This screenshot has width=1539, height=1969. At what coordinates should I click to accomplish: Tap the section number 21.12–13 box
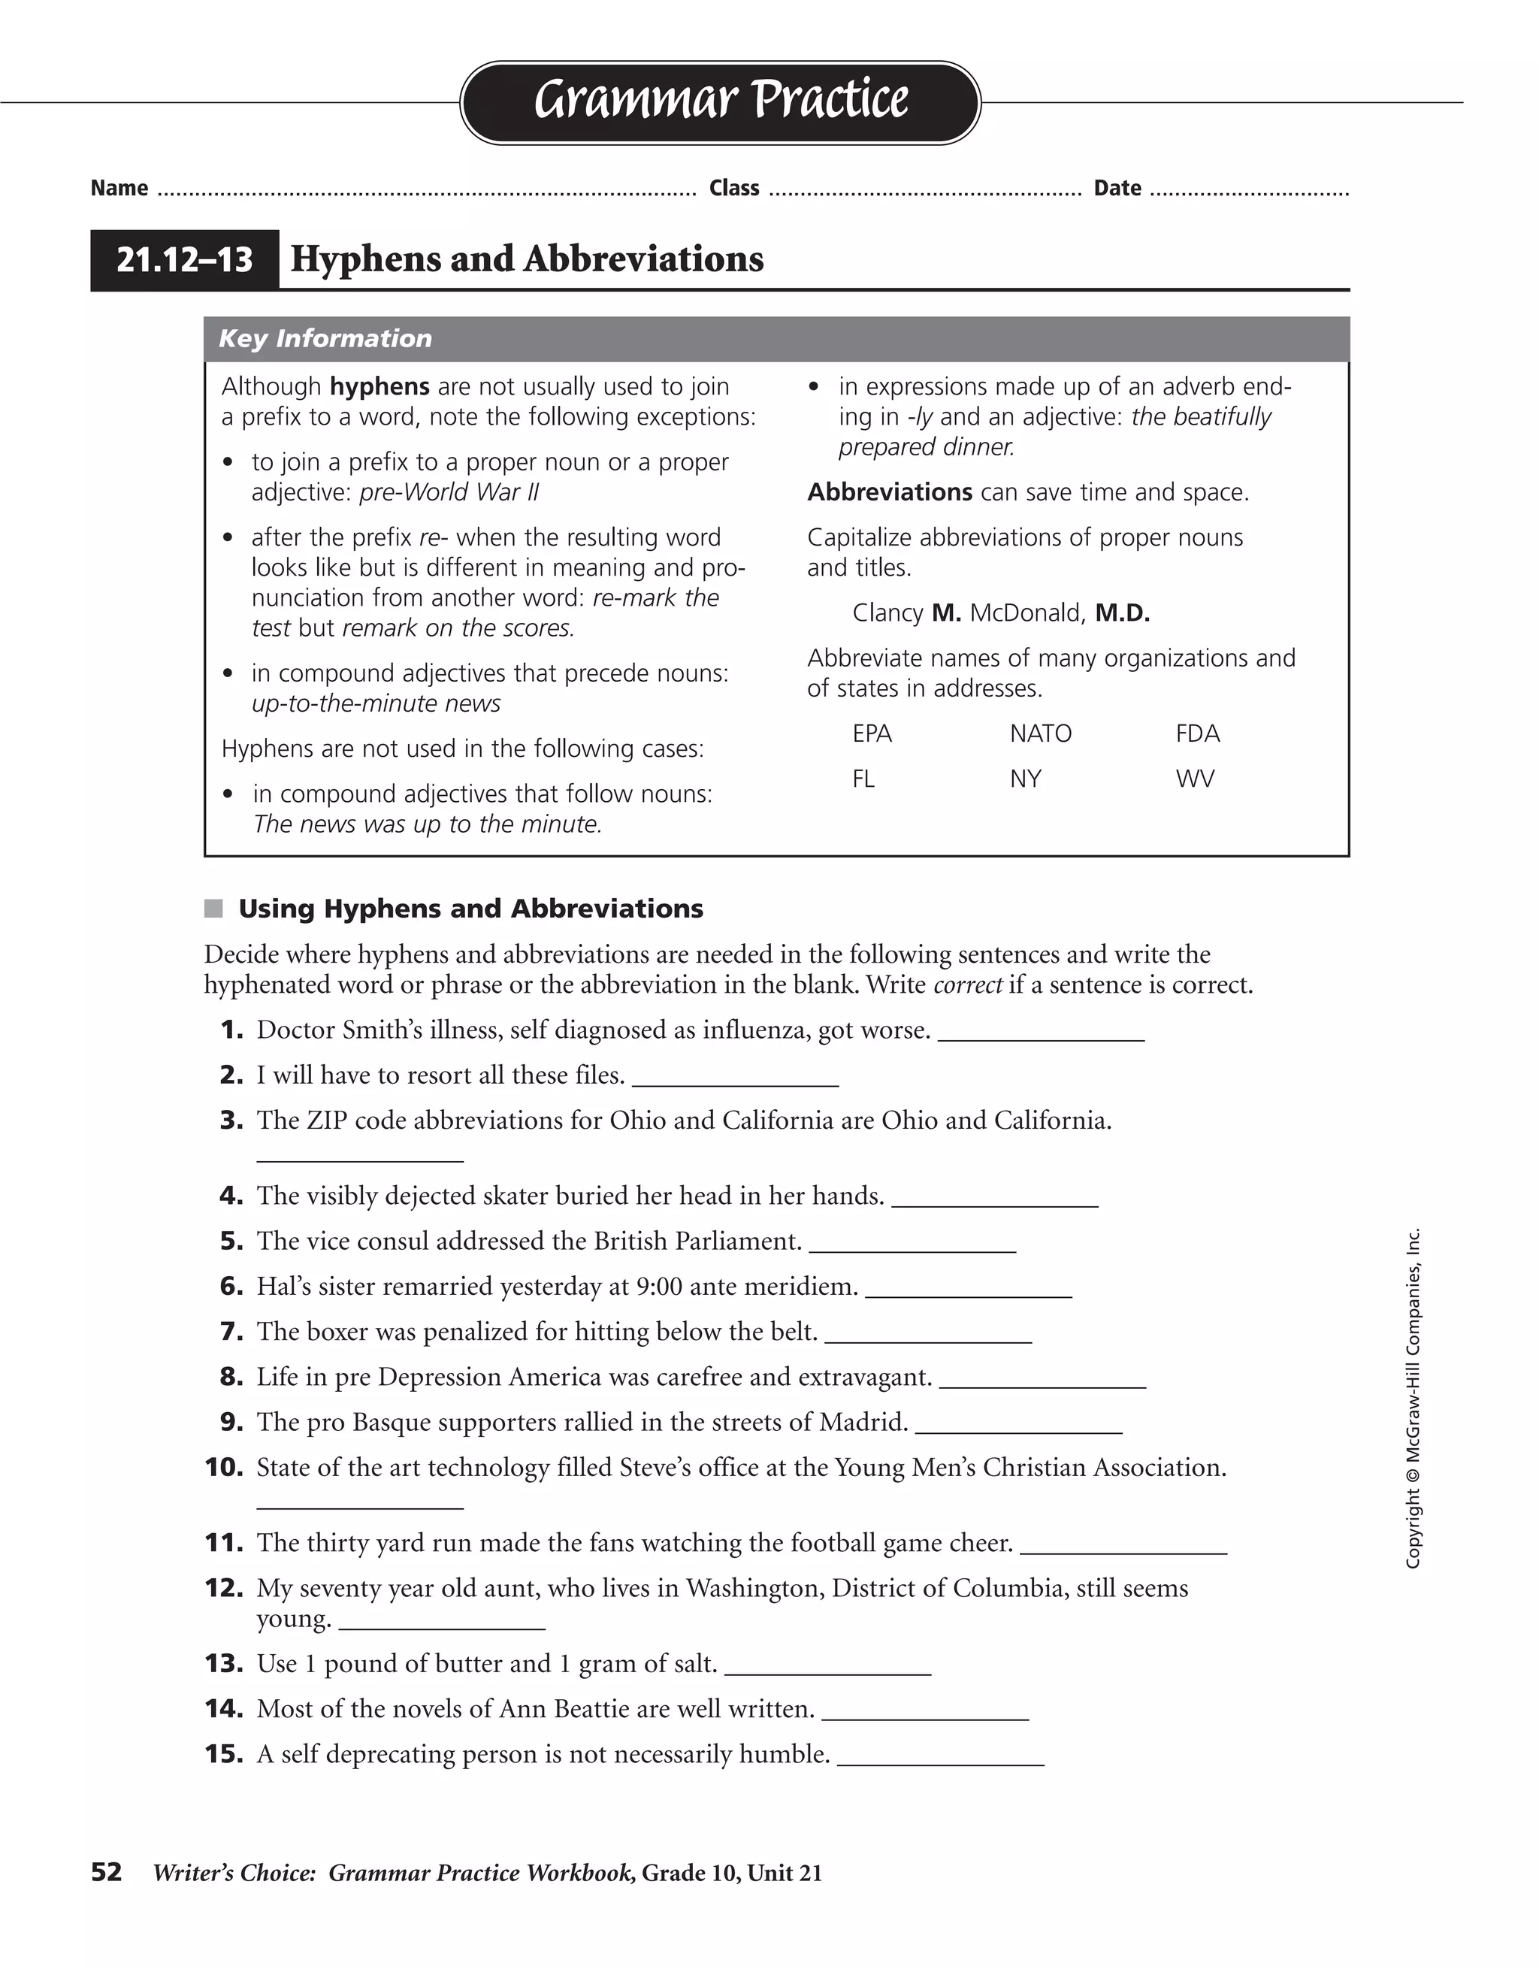click(185, 259)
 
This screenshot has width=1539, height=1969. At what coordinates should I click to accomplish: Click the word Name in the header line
click(119, 188)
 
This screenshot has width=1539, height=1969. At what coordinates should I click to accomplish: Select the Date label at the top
click(1117, 188)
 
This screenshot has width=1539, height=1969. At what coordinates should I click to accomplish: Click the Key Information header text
click(325, 339)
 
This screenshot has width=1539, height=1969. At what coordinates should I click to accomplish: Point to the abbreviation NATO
click(1041, 734)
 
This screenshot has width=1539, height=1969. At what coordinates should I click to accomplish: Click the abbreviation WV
click(1195, 779)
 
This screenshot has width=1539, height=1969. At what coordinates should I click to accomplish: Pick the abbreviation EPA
click(872, 734)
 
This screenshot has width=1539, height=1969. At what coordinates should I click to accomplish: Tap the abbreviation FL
click(863, 779)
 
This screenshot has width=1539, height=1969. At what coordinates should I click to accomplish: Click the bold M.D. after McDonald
click(1123, 613)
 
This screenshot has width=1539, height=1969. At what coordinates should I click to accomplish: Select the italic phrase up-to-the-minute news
click(376, 703)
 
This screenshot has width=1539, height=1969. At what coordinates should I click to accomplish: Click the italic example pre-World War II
click(449, 492)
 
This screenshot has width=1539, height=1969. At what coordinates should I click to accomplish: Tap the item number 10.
click(225, 1468)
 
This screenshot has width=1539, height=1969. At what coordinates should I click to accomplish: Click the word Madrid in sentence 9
click(863, 1423)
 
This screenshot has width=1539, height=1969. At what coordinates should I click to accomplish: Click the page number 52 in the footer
click(107, 1873)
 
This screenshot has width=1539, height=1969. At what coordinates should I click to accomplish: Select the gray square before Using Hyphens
click(213, 909)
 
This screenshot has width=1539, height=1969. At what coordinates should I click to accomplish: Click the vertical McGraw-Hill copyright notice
click(1413, 1397)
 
